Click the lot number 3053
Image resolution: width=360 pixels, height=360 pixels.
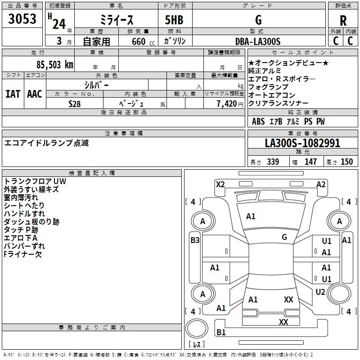tap(22, 19)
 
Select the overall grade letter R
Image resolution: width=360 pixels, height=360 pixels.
tap(343, 21)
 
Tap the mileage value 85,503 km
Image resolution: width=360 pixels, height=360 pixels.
tap(55, 65)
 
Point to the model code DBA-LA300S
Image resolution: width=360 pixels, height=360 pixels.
tap(258, 41)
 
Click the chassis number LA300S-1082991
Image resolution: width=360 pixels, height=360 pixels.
tap(302, 143)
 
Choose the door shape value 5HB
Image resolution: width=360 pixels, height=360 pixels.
tap(174, 20)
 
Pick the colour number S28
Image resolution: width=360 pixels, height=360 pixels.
tap(75, 104)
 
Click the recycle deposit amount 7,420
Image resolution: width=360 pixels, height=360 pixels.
tap(227, 104)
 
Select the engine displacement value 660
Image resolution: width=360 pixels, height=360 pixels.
tap(139, 41)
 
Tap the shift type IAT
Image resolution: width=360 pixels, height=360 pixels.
tap(13, 94)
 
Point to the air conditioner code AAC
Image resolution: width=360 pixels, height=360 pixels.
tap(35, 94)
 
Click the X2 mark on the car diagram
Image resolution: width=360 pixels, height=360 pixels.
tap(220, 184)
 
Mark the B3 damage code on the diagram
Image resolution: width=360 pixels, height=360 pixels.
tap(195, 240)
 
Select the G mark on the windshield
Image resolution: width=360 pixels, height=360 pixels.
tap(284, 237)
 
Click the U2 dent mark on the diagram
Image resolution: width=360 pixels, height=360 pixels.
tap(320, 292)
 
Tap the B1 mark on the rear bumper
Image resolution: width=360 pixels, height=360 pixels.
tap(221, 332)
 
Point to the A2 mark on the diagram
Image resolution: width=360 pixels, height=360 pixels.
tap(321, 184)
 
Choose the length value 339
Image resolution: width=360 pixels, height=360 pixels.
tap(273, 162)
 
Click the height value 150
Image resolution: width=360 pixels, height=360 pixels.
tap(346, 162)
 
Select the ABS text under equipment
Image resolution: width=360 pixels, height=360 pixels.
tap(258, 121)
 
